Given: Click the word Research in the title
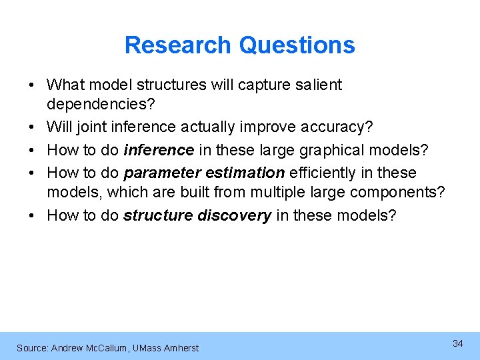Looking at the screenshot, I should (178, 45).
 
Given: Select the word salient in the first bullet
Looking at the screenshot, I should (318, 85).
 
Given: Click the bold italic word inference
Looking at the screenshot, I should (159, 150).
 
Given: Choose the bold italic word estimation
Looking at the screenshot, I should (245, 173).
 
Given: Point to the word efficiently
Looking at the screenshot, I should (323, 173).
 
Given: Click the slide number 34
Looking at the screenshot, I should (458, 343).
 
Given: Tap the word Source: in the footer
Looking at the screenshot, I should (32, 348).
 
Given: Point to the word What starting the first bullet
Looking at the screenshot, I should (64, 85).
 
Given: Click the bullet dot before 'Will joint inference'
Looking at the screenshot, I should (31, 127).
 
